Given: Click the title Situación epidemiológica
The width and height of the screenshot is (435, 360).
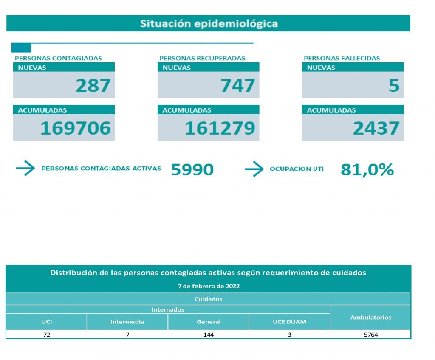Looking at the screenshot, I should pos(209,23).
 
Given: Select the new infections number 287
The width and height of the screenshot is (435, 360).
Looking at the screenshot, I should pos(93,86).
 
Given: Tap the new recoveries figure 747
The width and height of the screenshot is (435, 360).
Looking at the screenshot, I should pos(237,86).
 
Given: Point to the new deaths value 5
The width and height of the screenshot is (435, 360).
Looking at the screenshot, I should pos(394,86).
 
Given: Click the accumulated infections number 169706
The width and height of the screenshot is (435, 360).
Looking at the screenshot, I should pos(76,128).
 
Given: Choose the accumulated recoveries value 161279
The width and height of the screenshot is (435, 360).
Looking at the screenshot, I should pos(220,128).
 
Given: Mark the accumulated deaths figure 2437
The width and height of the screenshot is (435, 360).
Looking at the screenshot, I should pos(376,128).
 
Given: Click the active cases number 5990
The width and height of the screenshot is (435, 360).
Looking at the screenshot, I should pos(192,169).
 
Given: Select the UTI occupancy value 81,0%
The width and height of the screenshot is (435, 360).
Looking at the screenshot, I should pos(367,169).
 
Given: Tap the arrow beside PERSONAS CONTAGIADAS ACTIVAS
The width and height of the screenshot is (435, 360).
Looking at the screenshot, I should pos(25,169).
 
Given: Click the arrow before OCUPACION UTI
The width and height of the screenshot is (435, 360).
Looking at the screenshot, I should pos(254,169).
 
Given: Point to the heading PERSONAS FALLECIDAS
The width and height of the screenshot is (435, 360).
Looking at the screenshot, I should pos(342,58).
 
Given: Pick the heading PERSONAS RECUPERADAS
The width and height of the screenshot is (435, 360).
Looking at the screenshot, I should pos(202,58).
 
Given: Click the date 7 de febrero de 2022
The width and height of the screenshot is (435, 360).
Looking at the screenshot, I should pos(209,286).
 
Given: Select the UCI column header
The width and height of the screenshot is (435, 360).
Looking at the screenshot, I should pos(46,322).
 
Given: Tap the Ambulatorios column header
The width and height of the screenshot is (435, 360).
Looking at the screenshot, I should pos(370,317).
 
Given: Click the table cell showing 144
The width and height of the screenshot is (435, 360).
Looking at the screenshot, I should pos(208,335).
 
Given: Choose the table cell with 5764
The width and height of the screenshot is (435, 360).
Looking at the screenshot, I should pos(370,335).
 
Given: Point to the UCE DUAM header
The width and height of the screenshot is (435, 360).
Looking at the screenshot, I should pos(289,322).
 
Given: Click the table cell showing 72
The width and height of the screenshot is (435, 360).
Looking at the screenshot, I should pos(46,335).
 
